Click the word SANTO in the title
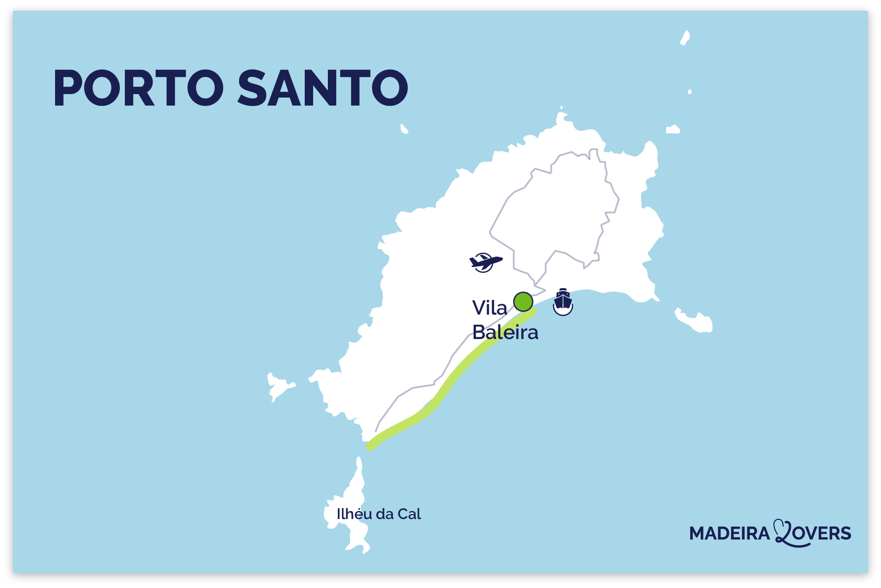(323, 88)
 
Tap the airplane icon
(485, 262)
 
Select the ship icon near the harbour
(563, 302)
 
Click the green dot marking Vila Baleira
(523, 302)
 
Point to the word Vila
(489, 308)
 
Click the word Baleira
(505, 332)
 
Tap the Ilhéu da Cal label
(379, 514)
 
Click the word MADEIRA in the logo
(729, 533)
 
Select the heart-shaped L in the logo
(783, 532)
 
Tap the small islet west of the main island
(278, 386)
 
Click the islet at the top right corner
(685, 38)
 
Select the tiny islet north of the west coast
(404, 129)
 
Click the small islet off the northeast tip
(673, 130)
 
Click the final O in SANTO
(390, 88)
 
